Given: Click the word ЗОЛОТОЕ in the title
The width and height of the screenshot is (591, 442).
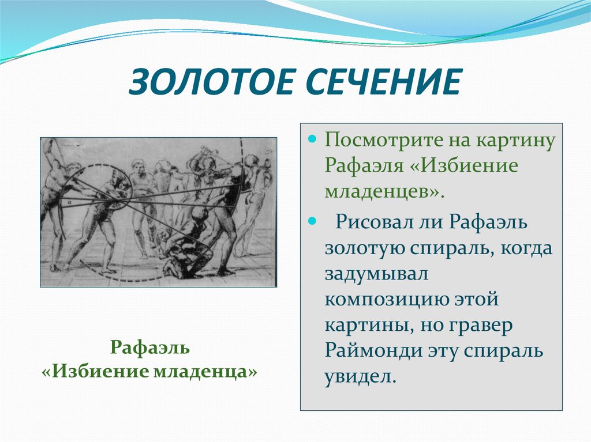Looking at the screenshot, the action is point(211,82).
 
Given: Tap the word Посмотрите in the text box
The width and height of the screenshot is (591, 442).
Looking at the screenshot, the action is point(384,140).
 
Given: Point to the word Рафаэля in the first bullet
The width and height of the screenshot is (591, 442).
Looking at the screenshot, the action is point(364,165).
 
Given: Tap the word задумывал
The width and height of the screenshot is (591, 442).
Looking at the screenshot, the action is point(376,274).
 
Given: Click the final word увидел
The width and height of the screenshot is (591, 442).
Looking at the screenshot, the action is point(361,376).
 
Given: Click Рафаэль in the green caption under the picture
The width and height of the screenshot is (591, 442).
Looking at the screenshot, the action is point(149,348).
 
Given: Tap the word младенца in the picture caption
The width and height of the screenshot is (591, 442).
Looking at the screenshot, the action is point(205,372).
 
